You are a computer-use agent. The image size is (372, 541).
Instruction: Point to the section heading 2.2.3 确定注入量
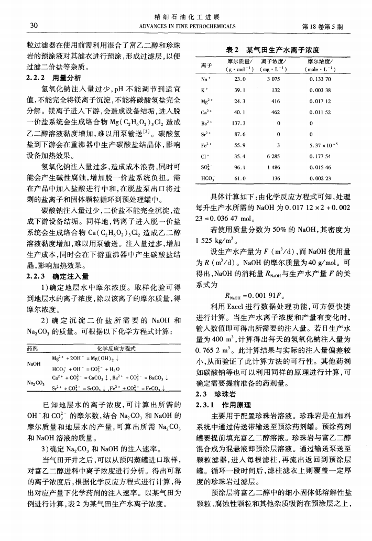click(x=52, y=276)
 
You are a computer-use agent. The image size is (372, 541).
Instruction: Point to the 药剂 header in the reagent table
click(x=32, y=348)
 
